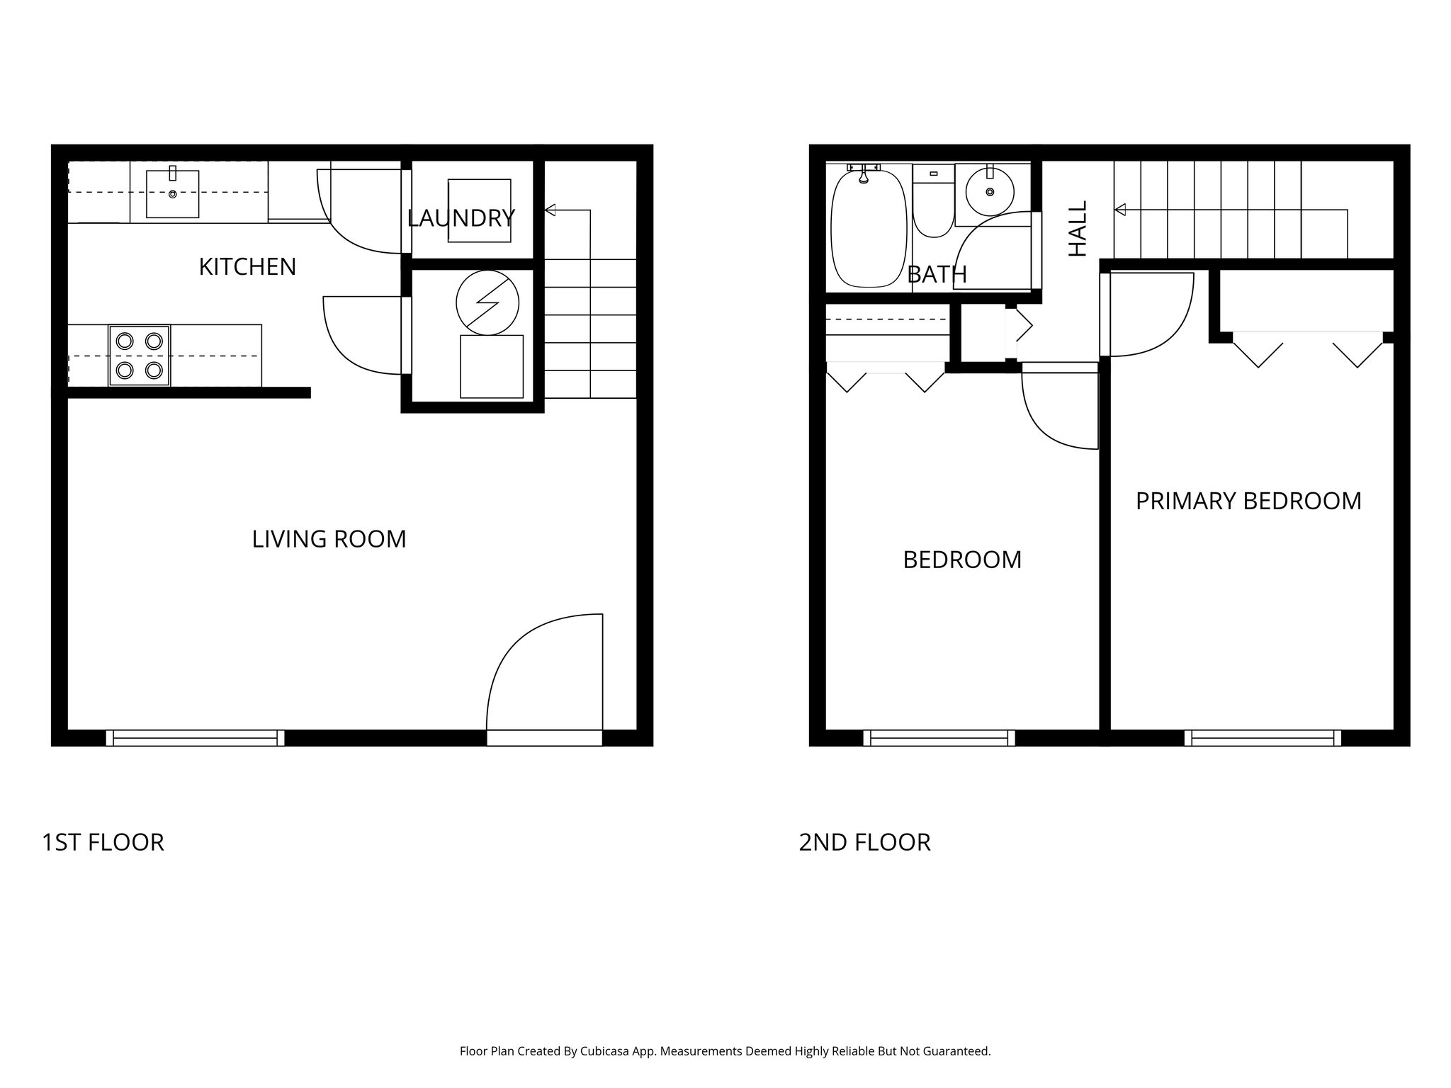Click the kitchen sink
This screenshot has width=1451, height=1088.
172,193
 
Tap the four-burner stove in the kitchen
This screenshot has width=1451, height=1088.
139,356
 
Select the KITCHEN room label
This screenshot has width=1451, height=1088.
247,267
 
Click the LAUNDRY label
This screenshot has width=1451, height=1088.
461,218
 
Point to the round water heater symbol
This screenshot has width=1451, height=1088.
487,302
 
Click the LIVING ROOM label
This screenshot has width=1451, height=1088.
329,539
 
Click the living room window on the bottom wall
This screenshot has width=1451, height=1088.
195,738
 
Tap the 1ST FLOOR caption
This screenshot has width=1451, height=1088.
103,842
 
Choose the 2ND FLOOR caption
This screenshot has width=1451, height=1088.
864,842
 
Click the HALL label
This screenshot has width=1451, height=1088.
1077,228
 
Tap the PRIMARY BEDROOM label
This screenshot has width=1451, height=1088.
1248,501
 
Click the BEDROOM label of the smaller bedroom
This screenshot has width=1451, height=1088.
962,560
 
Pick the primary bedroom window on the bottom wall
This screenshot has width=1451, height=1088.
1263,738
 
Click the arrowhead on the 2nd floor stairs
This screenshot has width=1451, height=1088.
1120,210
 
